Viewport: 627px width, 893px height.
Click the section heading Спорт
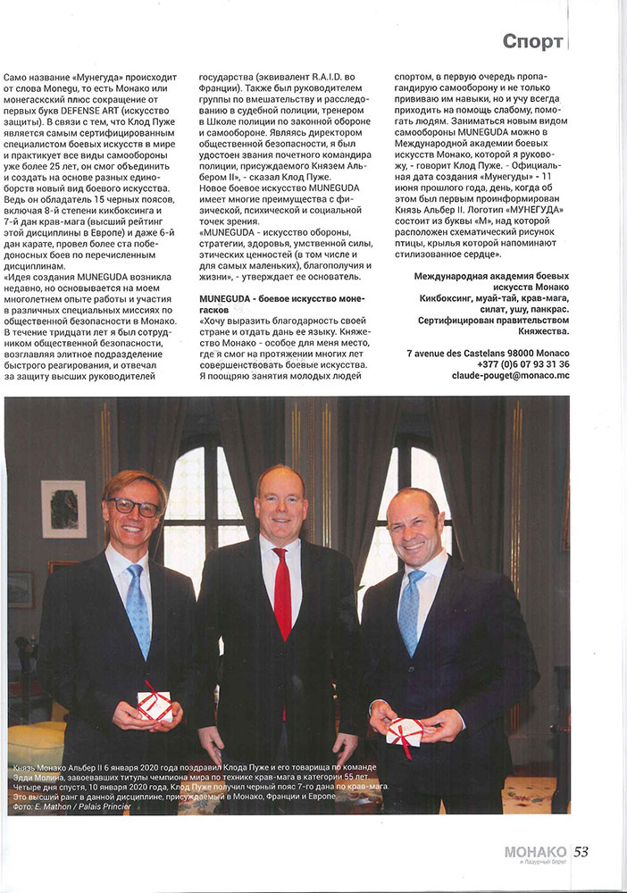(532, 41)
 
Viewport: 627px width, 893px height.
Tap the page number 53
(581, 851)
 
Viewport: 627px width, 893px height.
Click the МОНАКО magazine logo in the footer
(535, 852)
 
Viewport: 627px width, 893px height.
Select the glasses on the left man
(135, 506)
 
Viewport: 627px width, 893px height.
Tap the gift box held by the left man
(155, 705)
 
